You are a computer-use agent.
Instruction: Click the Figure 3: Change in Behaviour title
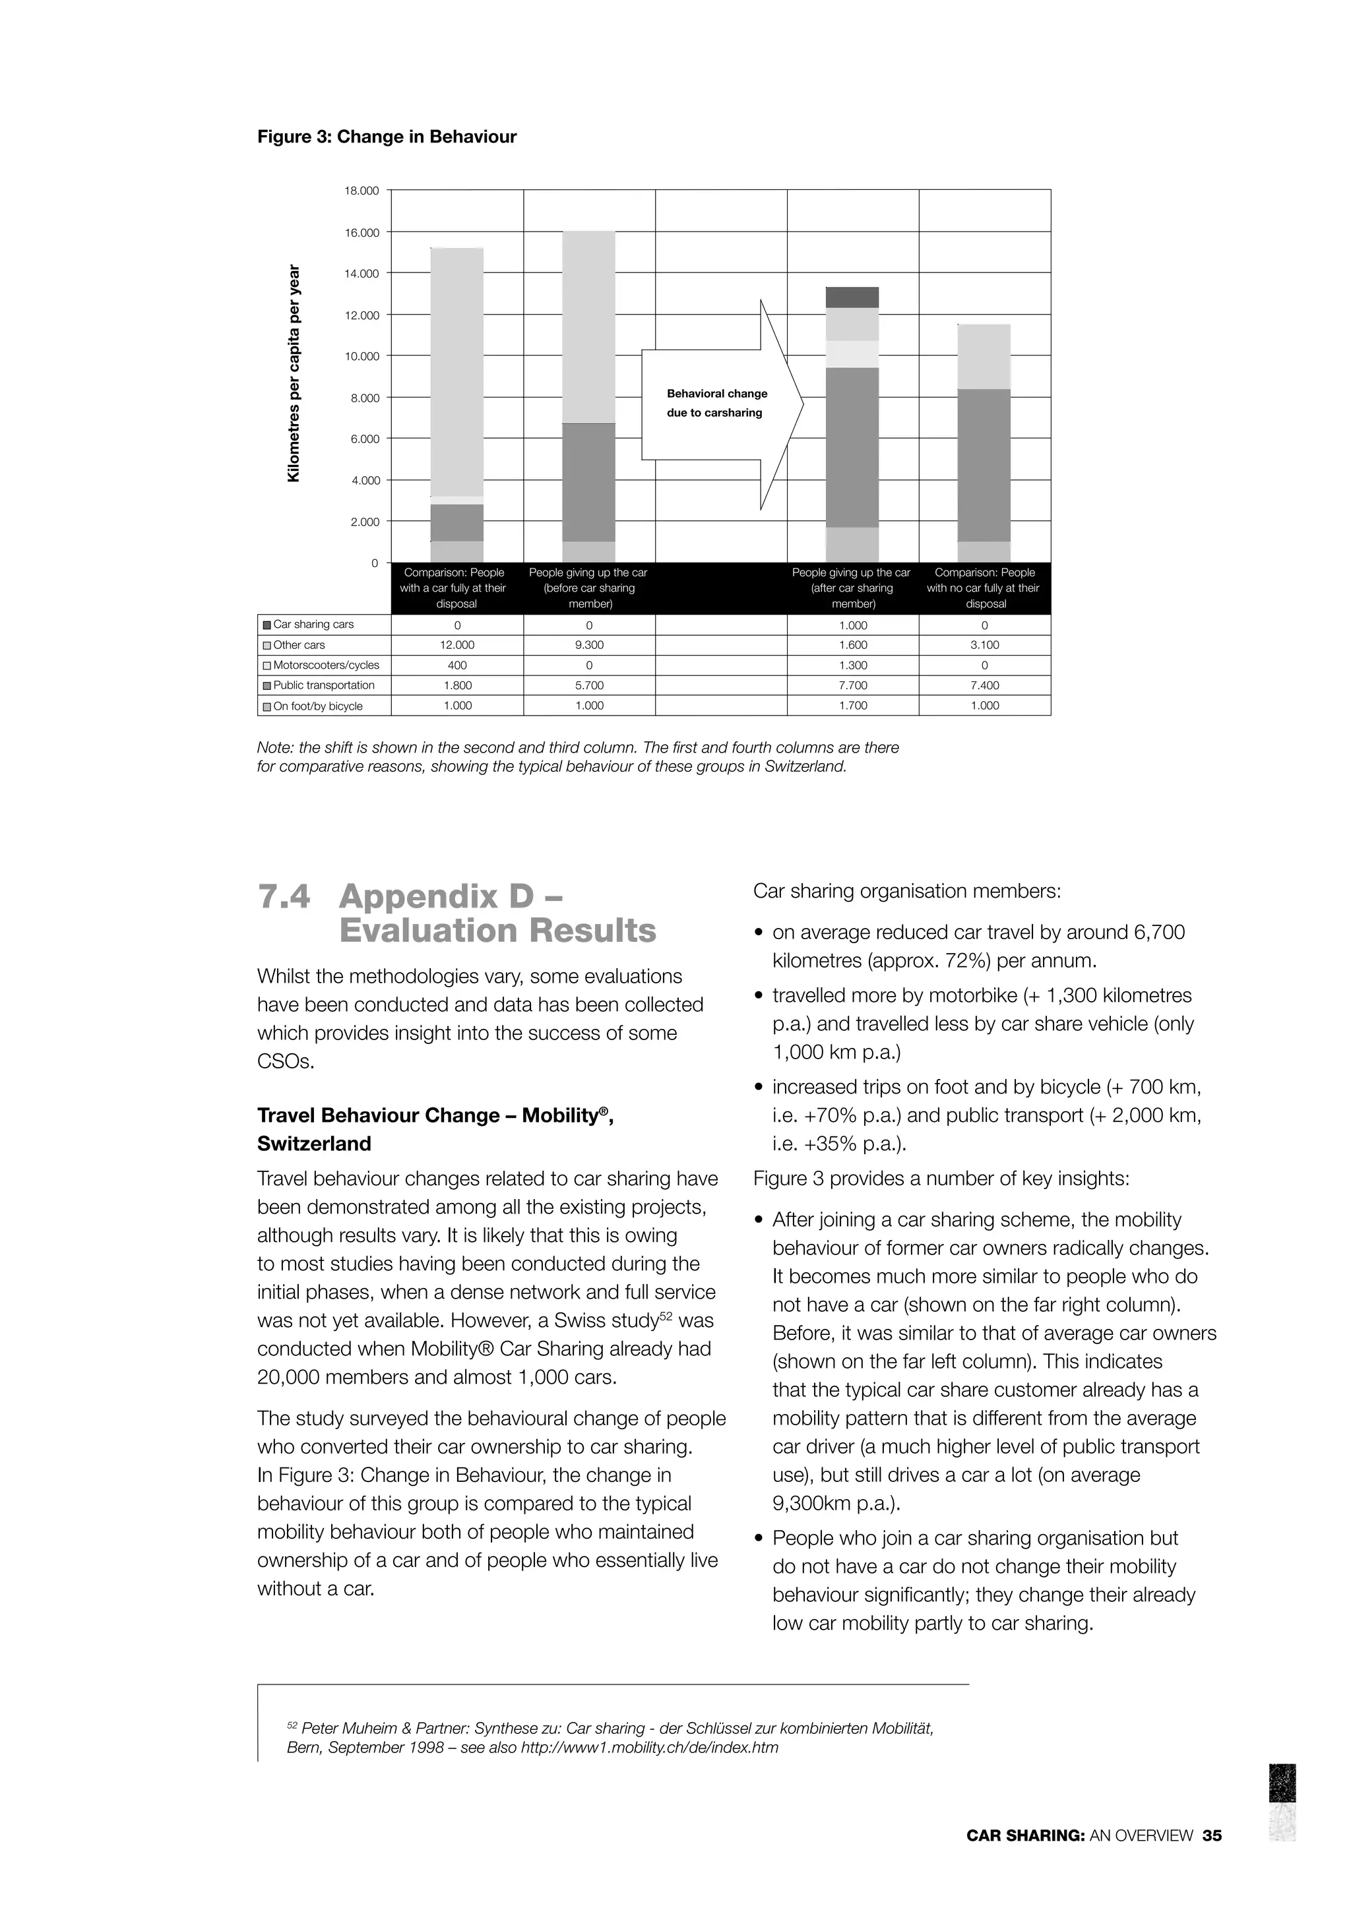(386, 137)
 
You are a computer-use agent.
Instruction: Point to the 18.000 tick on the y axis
(361, 191)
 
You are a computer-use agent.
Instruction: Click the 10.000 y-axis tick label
(361, 357)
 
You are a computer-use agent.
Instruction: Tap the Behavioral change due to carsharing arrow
(720, 404)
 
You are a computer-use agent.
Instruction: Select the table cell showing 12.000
(456, 646)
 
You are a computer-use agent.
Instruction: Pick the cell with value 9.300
(589, 646)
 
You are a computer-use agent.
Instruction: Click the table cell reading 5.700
(589, 685)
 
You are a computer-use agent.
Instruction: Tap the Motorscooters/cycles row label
(325, 665)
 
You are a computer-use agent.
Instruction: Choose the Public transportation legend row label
(324, 685)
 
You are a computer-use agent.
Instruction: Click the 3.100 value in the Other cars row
(985, 646)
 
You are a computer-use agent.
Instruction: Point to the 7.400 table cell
(985, 685)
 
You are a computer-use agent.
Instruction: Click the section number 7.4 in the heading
(284, 897)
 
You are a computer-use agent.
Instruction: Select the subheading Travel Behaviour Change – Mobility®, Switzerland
(435, 1130)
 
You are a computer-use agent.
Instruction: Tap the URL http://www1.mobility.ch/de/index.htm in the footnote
(649, 1747)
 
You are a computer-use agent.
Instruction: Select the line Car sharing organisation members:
(907, 892)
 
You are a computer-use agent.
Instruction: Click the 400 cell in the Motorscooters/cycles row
(456, 665)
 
